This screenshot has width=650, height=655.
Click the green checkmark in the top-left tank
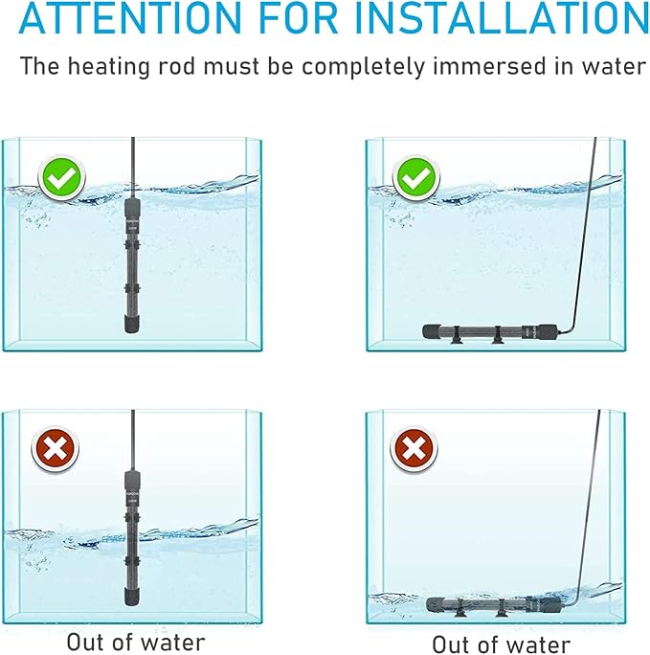pyautogui.click(x=59, y=178)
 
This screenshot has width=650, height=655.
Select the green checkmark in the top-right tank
pyautogui.click(x=415, y=178)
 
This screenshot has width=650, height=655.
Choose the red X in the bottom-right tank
pyautogui.click(x=413, y=447)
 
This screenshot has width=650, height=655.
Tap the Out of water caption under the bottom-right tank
pyautogui.click(x=501, y=643)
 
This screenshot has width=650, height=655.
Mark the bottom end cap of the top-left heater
pyautogui.click(x=131, y=325)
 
